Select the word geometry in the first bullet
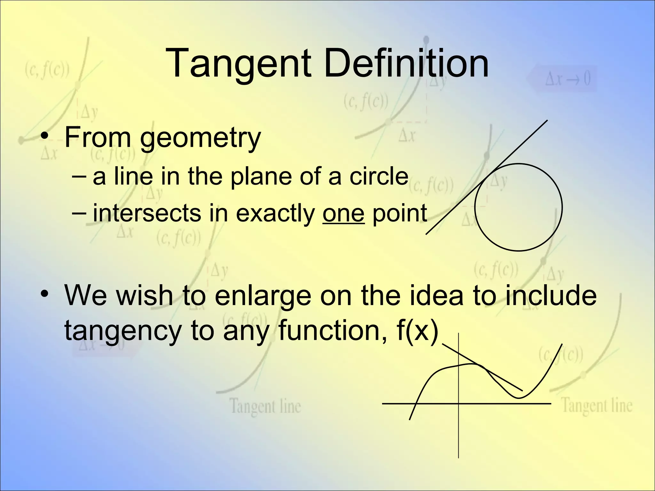[x=200, y=138]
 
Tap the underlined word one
[x=343, y=213]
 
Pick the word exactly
[x=275, y=213]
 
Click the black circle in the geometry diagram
[x=562, y=207]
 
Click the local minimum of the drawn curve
[x=519, y=398]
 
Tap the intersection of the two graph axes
[x=458, y=404]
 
